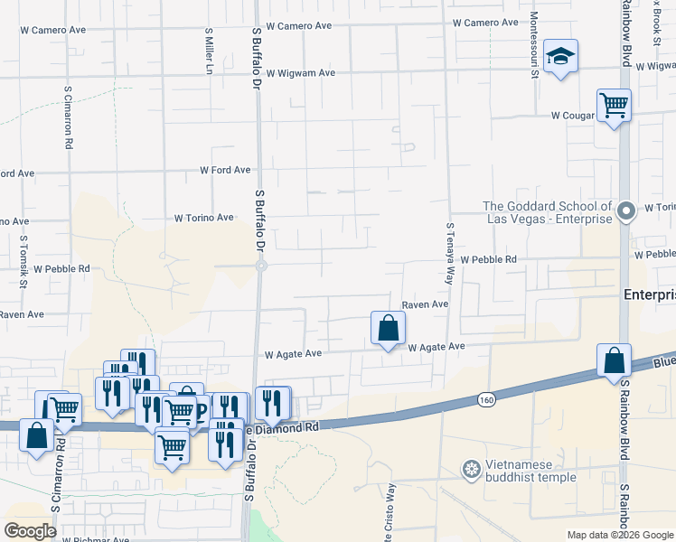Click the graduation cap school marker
point(561,57)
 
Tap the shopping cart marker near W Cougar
point(614,105)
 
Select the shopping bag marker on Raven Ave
point(388,328)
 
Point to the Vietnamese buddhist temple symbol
point(471,469)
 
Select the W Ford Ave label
point(225,170)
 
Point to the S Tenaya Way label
point(448,254)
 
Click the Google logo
point(30,531)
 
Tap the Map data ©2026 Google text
point(620,535)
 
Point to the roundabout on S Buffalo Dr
point(259,266)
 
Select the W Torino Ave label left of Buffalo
point(204,218)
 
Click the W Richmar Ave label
point(95,539)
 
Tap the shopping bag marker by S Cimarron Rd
point(37,436)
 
